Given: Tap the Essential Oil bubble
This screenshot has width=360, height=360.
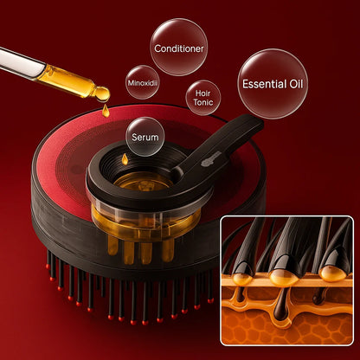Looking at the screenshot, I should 271,84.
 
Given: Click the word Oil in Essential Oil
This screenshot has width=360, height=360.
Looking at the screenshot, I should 292,84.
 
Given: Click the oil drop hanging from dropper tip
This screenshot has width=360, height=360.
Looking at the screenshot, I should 101,92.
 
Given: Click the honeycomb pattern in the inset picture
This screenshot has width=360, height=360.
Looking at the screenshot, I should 286,330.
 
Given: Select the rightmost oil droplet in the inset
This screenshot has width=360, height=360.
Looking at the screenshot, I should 331,273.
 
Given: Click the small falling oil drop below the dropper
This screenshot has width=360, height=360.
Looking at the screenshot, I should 106,110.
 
